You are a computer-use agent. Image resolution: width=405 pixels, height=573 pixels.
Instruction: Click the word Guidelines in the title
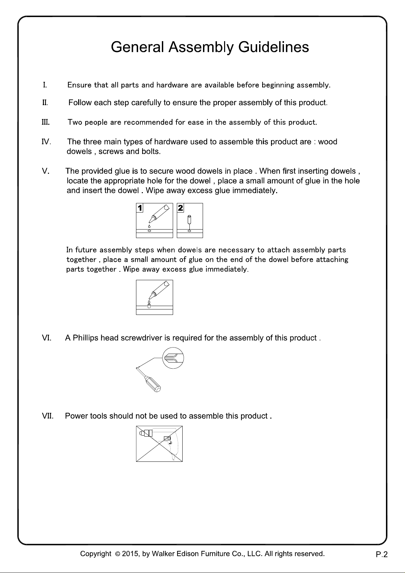pyautogui.click(x=273, y=47)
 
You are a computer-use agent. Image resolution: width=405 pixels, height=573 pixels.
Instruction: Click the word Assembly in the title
pyautogui.click(x=201, y=48)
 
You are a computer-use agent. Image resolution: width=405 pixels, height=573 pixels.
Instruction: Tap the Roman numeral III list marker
pyautogui.click(x=46, y=122)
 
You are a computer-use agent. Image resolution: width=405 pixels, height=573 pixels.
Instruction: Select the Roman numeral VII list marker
pyautogui.click(x=48, y=416)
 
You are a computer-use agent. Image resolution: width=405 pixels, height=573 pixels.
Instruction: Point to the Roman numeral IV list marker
pyautogui.click(x=46, y=141)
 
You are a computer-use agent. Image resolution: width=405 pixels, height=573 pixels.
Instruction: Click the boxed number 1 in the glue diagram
pyautogui.click(x=140, y=208)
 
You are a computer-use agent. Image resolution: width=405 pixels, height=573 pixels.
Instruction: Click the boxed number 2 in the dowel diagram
pyautogui.click(x=180, y=208)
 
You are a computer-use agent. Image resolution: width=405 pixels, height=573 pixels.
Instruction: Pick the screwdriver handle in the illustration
pyautogui.click(x=153, y=384)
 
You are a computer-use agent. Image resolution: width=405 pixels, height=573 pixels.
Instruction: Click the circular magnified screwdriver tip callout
pyautogui.click(x=173, y=358)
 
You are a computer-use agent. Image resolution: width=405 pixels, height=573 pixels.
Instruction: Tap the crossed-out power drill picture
pyautogui.click(x=159, y=443)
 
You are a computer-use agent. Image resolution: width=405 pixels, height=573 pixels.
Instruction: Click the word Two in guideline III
pyautogui.click(x=75, y=122)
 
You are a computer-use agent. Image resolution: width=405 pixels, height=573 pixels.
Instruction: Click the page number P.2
pyautogui.click(x=382, y=554)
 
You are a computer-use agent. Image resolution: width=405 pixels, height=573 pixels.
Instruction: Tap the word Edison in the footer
pyautogui.click(x=188, y=554)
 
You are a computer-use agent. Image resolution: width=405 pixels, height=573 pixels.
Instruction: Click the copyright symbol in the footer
pyautogui.click(x=117, y=554)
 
